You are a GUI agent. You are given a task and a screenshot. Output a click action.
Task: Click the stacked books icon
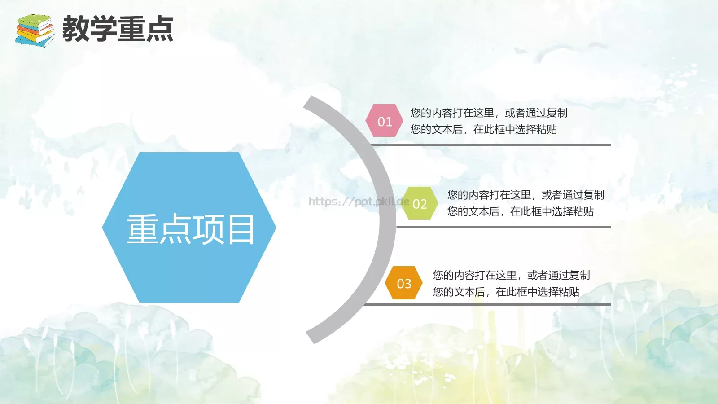pyautogui.click(x=35, y=30)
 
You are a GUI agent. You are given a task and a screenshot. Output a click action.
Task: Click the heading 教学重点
pyautogui.click(x=118, y=29)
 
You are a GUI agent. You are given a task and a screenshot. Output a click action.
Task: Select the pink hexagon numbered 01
pyautogui.click(x=385, y=121)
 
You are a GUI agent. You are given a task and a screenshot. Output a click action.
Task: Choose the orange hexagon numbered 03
pyautogui.click(x=404, y=283)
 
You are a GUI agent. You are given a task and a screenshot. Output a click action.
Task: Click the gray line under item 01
pyautogui.click(x=491, y=145)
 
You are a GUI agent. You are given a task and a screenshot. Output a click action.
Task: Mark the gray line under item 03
pyautogui.click(x=487, y=304)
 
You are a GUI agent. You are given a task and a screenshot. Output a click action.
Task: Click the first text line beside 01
pyautogui.click(x=489, y=113)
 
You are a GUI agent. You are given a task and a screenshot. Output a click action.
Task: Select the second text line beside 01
pyautogui.click(x=483, y=129)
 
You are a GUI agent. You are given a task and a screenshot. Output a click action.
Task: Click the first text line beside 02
pyautogui.click(x=525, y=195)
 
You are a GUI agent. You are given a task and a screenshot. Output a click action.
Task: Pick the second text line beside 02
pyautogui.click(x=520, y=211)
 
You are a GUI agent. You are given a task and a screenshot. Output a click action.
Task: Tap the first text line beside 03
pyautogui.click(x=511, y=275)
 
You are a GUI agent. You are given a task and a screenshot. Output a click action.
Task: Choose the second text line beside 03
pyautogui.click(x=506, y=292)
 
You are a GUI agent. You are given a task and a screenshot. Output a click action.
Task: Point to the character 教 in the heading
pyautogui.click(x=75, y=29)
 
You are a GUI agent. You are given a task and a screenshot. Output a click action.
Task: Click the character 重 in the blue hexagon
pyautogui.click(x=143, y=229)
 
